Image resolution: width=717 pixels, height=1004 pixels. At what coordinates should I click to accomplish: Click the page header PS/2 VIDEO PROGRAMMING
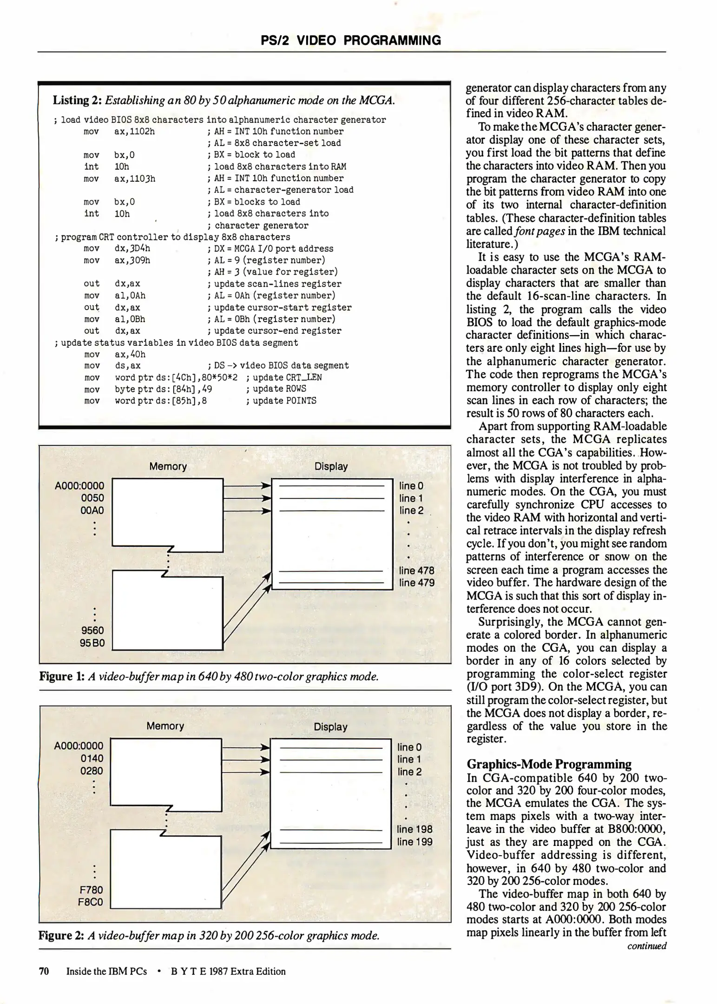click(x=351, y=40)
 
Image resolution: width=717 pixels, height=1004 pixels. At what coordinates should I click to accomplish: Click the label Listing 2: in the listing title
click(x=77, y=100)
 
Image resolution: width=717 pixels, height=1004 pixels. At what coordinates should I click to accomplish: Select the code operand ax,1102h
click(x=135, y=132)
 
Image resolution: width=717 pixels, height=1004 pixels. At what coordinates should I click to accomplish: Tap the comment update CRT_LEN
click(x=287, y=377)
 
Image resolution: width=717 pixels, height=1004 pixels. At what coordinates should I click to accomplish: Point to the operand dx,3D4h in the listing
click(x=132, y=249)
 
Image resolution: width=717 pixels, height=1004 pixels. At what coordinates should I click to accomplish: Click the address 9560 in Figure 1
click(x=92, y=631)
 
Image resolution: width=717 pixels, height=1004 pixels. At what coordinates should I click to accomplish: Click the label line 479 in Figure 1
click(x=417, y=583)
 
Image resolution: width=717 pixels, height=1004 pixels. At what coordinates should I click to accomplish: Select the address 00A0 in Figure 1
click(x=92, y=510)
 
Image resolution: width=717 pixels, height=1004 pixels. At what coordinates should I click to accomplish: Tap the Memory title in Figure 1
click(x=168, y=467)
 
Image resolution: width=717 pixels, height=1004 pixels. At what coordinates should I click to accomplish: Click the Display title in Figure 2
click(x=330, y=727)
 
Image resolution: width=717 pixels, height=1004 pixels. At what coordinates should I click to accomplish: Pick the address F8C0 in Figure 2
click(x=91, y=902)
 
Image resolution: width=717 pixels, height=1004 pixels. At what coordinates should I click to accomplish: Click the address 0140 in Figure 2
click(x=92, y=759)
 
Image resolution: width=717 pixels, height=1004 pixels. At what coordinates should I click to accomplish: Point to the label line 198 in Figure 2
click(x=414, y=829)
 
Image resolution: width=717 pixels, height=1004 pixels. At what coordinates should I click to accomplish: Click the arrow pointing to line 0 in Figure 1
click(x=247, y=486)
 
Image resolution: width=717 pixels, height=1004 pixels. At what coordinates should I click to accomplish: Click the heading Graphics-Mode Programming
click(x=549, y=764)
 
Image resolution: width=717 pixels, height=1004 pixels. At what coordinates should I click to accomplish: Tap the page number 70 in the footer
click(x=44, y=971)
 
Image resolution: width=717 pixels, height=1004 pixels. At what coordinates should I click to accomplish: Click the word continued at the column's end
click(x=646, y=946)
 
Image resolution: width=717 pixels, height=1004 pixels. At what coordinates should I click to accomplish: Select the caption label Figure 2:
click(x=61, y=935)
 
